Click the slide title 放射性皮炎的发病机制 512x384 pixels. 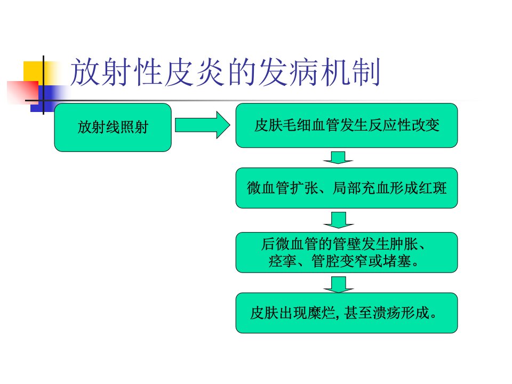(x=225, y=72)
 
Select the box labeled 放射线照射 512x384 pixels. (x=113, y=127)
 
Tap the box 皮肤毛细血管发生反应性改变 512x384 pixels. (x=347, y=125)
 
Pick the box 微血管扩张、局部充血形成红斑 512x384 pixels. (x=347, y=188)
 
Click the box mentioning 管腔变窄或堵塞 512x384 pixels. (x=347, y=252)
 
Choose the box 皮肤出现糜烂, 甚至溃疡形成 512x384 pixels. (x=347, y=313)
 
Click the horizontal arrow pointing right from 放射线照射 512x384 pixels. (x=203, y=125)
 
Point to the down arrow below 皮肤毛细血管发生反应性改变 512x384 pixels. (x=338, y=157)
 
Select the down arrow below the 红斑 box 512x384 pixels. (x=339, y=220)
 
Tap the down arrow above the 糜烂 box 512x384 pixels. (x=339, y=284)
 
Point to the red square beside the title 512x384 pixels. (x=22, y=92)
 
